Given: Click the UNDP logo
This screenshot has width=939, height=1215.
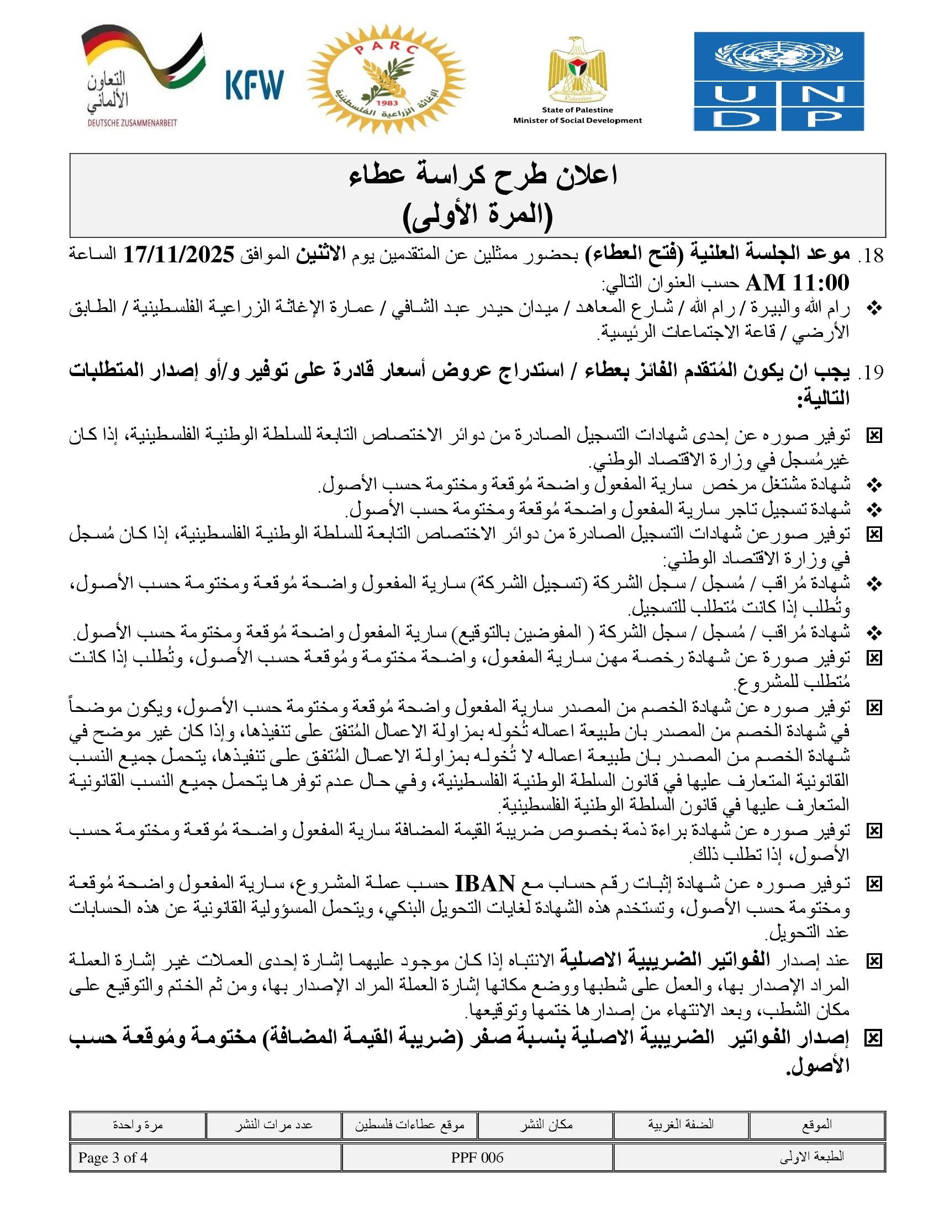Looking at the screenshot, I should coord(778,81).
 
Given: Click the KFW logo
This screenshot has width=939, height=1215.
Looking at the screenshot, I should coord(255,84).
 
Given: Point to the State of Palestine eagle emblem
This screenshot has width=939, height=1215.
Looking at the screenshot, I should coord(577,69).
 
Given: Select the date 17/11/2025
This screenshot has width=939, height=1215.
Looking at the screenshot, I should coord(178,255).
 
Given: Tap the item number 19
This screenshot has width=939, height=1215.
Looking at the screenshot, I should coord(871,372).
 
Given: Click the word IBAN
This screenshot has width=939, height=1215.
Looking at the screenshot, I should coord(485,884).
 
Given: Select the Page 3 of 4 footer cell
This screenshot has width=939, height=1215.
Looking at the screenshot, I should coord(113,1158).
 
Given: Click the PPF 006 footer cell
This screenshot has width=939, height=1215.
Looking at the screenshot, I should coord(477,1158).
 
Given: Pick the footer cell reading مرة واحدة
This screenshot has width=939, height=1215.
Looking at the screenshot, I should coord(138,1125).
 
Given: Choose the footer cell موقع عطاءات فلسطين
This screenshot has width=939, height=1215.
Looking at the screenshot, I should coord(409,1125).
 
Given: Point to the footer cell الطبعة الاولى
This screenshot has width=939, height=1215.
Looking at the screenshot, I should coord(811,1158).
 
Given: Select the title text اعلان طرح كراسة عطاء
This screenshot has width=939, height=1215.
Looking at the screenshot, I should coord(483,176).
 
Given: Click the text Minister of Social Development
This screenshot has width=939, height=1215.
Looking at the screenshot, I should coord(577,120).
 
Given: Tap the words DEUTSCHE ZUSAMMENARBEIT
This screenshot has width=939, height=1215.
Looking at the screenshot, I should coord(132,123).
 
